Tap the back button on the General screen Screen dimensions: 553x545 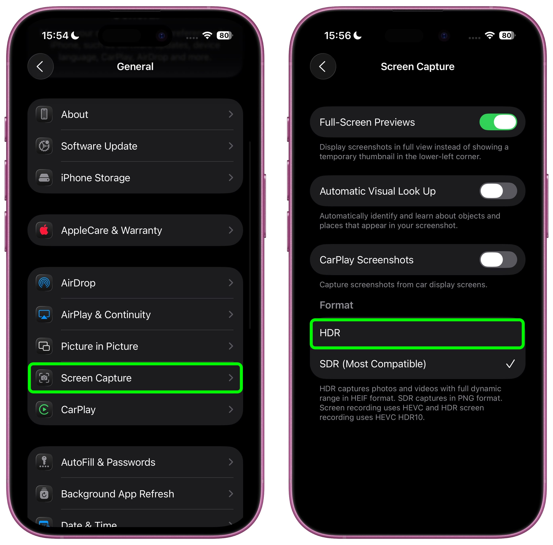click(40, 66)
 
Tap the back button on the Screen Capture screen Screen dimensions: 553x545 click(323, 66)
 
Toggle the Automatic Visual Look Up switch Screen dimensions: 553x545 click(498, 191)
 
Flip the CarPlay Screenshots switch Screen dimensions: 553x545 click(498, 260)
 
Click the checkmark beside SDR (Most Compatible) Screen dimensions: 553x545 click(510, 364)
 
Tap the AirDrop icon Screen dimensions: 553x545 click(44, 283)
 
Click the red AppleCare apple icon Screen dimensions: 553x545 click(44, 230)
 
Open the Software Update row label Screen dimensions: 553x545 click(99, 146)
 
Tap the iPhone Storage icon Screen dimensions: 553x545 click(44, 178)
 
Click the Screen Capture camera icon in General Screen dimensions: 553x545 click(44, 378)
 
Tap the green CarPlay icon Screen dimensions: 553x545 click(44, 410)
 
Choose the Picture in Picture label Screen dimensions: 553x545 click(100, 346)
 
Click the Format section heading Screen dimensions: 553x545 click(336, 305)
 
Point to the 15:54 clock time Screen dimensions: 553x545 click(55, 35)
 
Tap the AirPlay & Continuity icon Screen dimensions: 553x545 click(44, 315)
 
